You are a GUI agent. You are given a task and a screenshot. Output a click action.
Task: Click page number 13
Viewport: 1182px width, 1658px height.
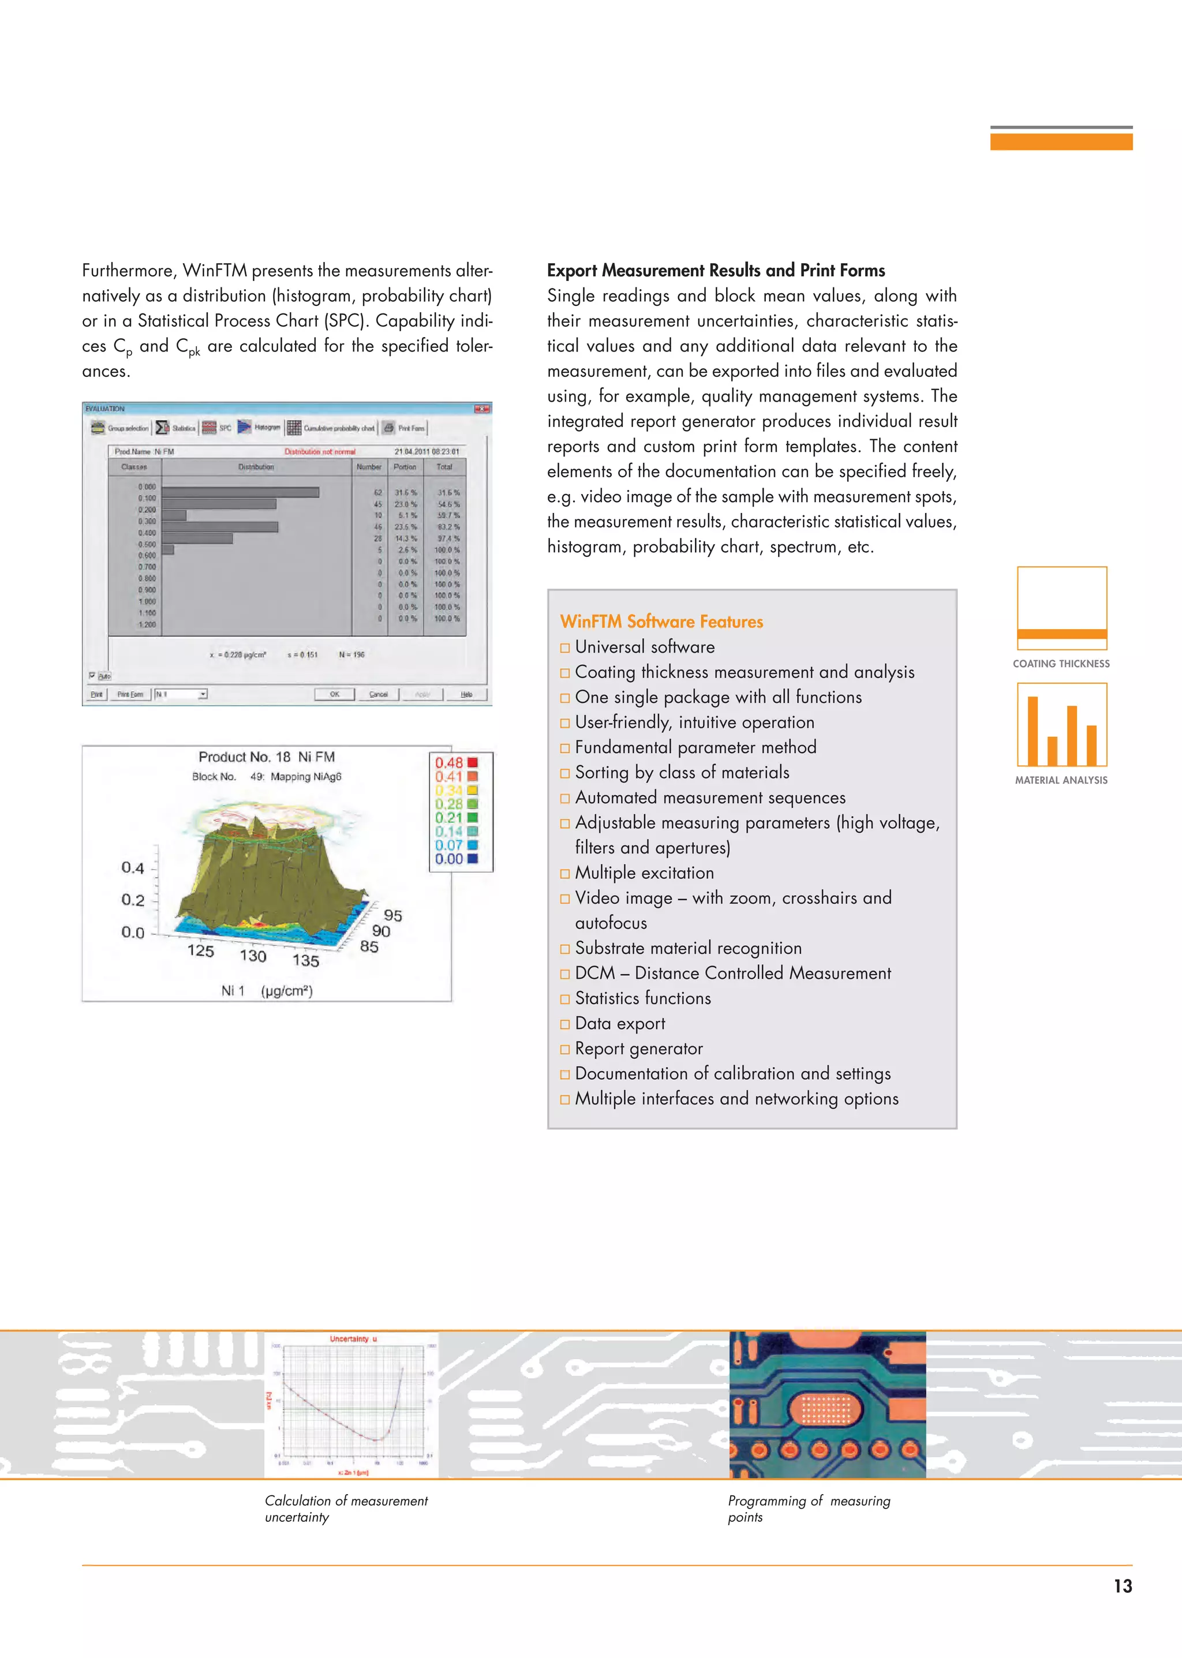click(x=1123, y=1586)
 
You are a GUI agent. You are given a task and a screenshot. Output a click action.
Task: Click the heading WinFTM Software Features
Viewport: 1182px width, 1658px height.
click(x=661, y=622)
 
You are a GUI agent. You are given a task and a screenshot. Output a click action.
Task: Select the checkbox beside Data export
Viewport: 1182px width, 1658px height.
click(x=565, y=1025)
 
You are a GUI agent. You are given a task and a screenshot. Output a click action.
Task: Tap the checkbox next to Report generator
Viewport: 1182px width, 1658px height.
click(x=565, y=1050)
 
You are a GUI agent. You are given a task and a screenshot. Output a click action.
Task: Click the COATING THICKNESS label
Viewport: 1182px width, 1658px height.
click(x=1061, y=664)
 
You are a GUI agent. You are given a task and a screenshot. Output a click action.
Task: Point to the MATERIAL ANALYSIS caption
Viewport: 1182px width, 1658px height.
click(x=1061, y=780)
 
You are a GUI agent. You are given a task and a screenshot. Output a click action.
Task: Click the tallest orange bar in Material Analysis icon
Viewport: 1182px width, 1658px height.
click(x=1032, y=730)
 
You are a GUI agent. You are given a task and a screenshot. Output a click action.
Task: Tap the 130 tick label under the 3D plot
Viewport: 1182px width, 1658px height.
click(x=253, y=956)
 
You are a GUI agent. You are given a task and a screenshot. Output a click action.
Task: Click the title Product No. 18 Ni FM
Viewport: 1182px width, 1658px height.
click(x=267, y=757)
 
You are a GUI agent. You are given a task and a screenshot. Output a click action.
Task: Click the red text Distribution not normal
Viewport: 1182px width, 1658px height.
click(x=320, y=452)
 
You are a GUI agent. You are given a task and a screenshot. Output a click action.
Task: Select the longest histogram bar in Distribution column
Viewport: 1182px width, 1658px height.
click(x=240, y=493)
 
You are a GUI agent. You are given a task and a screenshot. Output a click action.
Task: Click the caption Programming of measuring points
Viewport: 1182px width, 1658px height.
click(x=808, y=1509)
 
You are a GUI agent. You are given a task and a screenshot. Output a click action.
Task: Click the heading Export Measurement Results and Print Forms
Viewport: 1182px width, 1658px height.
click(x=716, y=271)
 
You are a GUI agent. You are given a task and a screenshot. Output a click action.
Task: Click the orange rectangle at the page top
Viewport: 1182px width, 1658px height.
click(x=1060, y=141)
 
